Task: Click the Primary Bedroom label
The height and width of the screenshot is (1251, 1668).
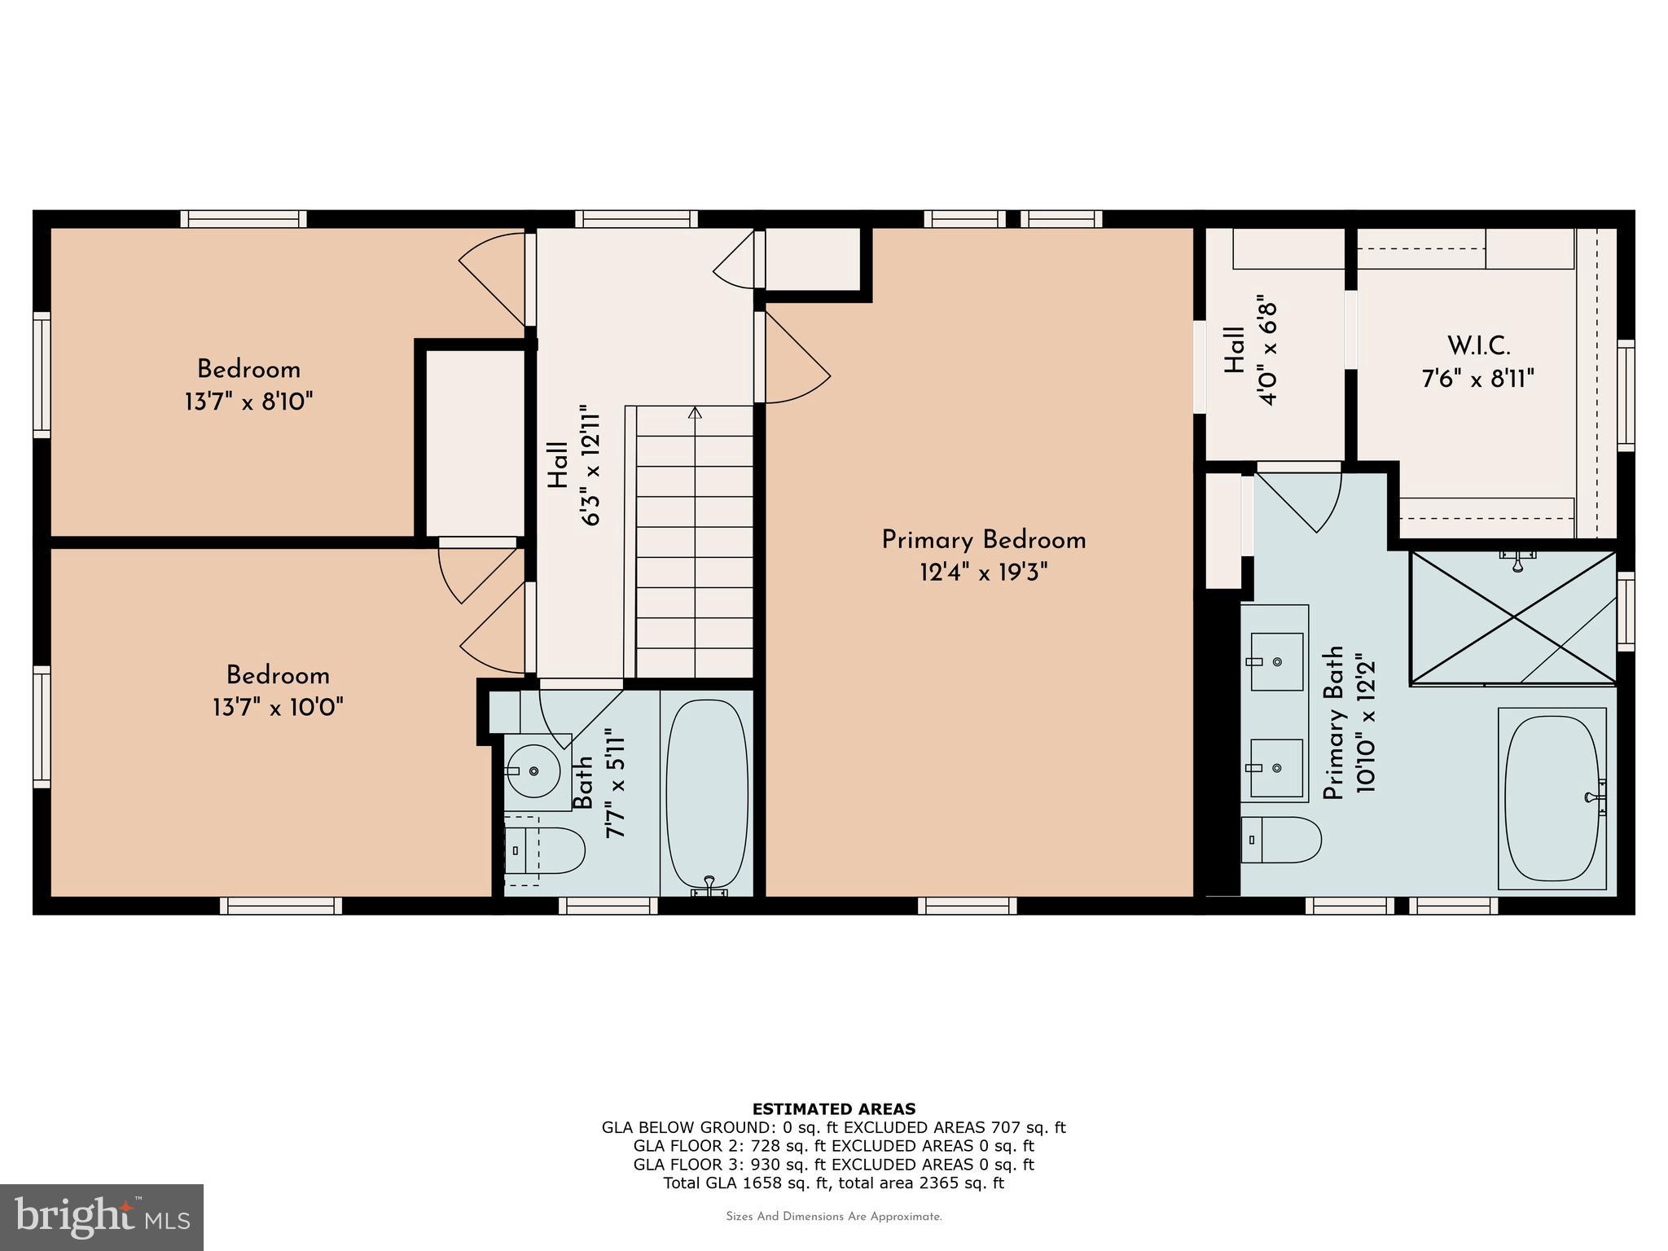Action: click(984, 540)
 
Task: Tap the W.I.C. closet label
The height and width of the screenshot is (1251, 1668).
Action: click(1478, 346)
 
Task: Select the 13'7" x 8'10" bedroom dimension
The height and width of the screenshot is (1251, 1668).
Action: click(249, 402)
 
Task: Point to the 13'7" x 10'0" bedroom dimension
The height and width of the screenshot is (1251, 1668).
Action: click(278, 707)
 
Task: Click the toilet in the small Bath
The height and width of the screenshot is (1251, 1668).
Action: click(544, 850)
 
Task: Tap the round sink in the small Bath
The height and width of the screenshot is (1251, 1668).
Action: click(533, 770)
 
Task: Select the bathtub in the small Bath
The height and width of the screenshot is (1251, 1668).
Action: click(707, 794)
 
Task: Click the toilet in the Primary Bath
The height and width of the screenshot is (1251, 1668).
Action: click(1280, 840)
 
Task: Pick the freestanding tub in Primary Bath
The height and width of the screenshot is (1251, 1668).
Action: click(1553, 798)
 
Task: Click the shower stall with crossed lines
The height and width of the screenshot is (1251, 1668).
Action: click(1513, 617)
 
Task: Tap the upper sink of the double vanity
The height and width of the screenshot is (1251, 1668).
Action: click(1276, 661)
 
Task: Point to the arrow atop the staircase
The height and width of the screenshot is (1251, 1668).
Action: click(695, 413)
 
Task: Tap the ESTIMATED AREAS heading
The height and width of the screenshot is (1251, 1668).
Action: click(833, 1108)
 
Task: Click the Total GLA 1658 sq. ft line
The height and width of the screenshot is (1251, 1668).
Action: click(833, 1183)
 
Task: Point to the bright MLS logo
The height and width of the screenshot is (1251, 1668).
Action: click(102, 1217)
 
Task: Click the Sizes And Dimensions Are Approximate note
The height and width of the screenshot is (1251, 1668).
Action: click(833, 1217)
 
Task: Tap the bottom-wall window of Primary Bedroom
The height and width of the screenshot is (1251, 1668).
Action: click(968, 906)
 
